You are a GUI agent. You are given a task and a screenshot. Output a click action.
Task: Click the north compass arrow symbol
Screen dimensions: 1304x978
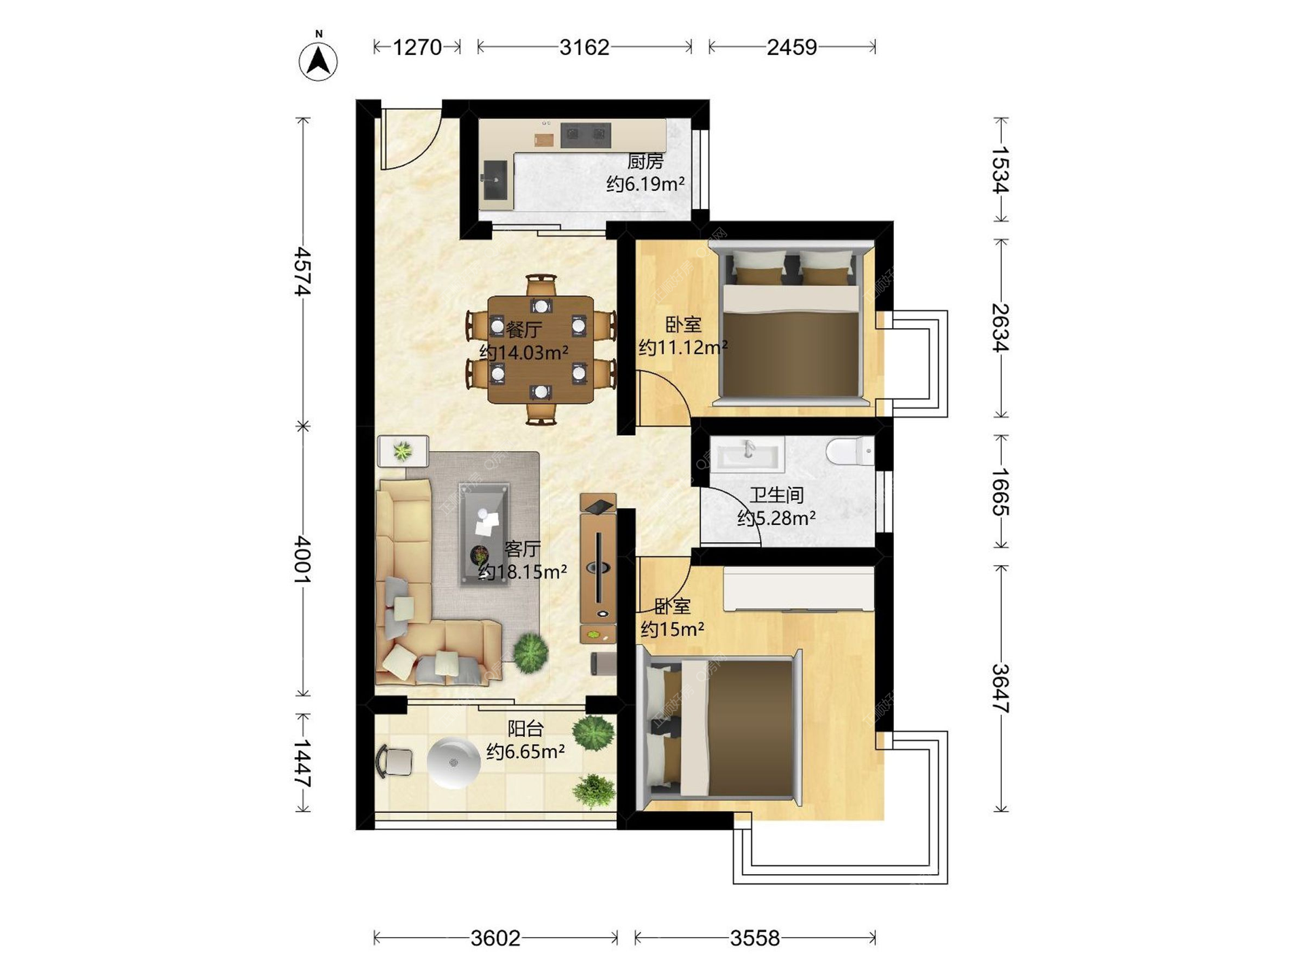318,61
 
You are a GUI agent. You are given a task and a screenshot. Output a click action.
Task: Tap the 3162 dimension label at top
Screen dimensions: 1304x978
584,47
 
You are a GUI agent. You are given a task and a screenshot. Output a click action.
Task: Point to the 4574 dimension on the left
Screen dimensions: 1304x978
302,272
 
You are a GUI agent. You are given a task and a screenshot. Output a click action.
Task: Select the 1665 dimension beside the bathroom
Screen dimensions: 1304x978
1000,491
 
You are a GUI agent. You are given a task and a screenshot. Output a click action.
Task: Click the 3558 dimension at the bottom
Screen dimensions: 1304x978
755,938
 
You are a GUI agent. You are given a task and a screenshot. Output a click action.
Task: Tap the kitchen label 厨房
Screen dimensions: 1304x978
645,161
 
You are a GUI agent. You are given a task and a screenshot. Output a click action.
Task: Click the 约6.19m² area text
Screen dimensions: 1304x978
645,183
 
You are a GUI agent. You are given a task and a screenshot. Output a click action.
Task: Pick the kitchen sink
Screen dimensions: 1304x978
496,180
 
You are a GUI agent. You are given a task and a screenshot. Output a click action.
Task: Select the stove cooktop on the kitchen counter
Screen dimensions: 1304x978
585,134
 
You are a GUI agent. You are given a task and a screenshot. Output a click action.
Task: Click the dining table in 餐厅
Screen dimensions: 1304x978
541,349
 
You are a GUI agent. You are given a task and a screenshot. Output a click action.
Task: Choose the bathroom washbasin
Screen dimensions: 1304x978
747,453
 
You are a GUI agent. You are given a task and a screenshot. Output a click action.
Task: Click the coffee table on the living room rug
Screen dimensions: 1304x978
484,534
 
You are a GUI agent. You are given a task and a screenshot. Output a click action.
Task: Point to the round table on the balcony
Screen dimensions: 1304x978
454,763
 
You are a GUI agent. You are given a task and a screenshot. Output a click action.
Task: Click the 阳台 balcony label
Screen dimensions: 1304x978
526,729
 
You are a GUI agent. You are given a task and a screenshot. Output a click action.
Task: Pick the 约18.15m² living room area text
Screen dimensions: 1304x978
522,572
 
